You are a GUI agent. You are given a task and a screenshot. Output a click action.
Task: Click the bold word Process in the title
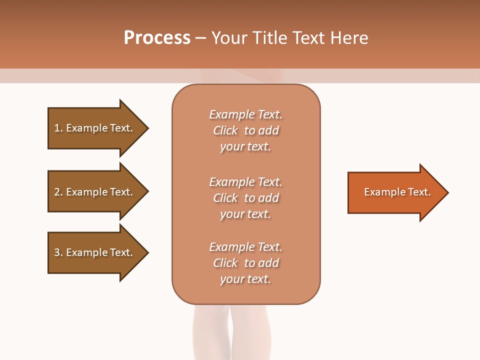(157, 38)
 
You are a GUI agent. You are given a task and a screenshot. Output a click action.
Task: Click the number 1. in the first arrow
(58, 128)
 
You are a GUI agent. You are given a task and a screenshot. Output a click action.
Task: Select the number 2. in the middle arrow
(58, 192)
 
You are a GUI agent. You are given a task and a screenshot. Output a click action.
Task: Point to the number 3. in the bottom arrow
(58, 252)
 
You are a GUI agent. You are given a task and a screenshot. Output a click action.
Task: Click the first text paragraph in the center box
(245, 130)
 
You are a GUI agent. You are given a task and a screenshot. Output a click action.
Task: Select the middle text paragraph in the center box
(245, 198)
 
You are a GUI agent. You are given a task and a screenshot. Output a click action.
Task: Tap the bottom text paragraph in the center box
(245, 263)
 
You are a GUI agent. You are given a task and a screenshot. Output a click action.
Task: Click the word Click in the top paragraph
(225, 130)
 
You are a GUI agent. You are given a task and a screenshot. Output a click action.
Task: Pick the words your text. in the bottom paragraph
(245, 279)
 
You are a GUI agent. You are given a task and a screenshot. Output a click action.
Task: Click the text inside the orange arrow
(397, 192)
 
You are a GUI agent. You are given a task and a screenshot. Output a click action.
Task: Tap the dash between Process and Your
(200, 38)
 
